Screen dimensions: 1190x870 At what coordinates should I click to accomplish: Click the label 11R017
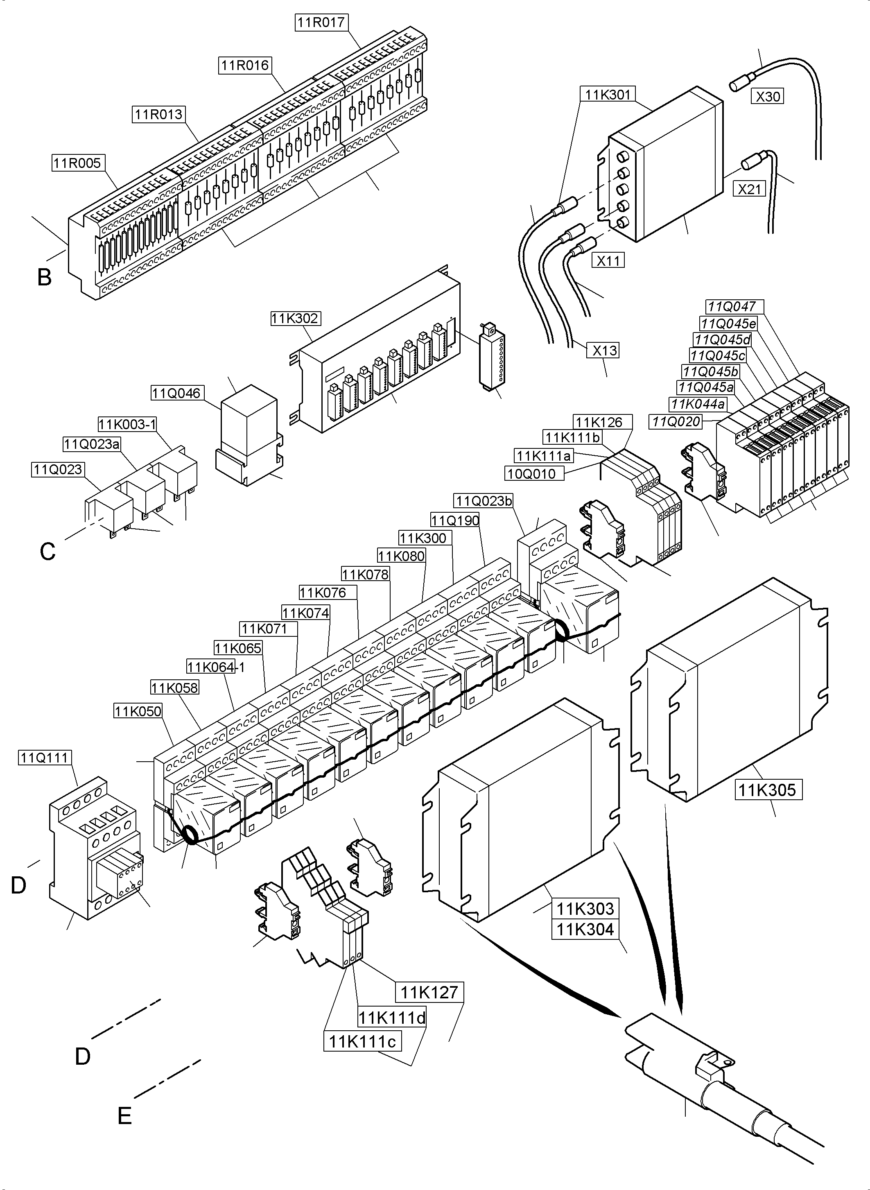point(321,23)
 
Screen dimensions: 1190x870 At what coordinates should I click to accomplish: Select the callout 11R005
point(77,163)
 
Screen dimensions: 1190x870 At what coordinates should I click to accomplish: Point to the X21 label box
point(749,189)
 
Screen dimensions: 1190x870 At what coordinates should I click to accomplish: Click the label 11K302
point(295,318)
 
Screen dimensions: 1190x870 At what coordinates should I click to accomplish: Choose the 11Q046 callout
point(176,393)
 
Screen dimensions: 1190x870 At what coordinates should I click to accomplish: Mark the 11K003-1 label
point(127,424)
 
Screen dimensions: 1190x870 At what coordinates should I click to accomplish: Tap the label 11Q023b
point(484,500)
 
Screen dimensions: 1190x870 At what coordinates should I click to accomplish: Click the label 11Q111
point(45,758)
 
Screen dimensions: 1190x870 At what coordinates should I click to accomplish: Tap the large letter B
point(44,277)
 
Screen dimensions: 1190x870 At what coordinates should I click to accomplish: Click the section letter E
point(124,1116)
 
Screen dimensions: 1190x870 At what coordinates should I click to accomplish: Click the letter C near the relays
point(47,552)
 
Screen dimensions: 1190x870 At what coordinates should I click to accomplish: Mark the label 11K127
point(429,993)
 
